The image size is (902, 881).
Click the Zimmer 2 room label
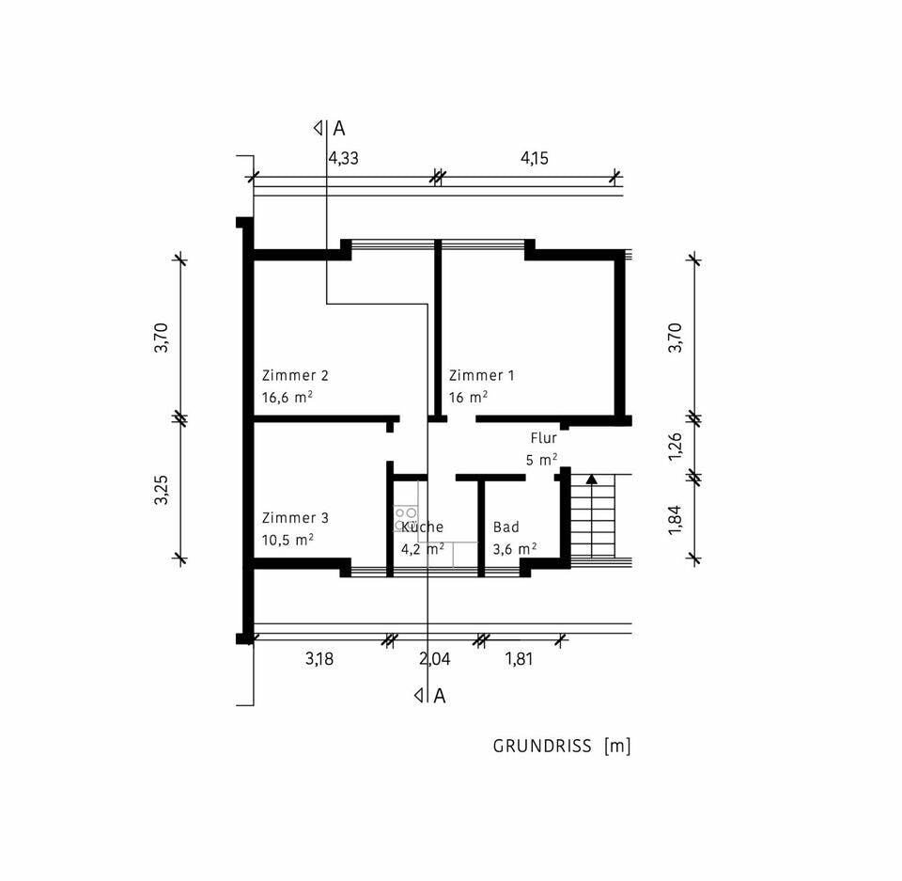point(295,375)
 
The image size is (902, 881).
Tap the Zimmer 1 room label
point(481,375)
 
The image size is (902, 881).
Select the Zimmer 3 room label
point(295,518)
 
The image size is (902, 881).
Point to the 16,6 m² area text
point(288,397)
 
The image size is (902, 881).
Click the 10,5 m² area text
point(288,540)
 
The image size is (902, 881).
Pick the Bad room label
point(506,527)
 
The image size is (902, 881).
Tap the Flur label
point(544,438)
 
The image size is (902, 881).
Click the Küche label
point(422,527)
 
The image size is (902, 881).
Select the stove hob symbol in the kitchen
point(406,518)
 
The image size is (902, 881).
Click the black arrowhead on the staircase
point(591,479)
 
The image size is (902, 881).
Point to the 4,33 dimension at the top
point(344,158)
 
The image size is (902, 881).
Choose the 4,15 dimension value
point(535,158)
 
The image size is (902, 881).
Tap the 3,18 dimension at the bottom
point(319,659)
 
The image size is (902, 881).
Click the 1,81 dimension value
point(519,659)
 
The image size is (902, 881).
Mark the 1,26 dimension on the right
point(675,447)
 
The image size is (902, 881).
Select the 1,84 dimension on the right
point(675,520)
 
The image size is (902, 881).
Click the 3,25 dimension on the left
point(161,490)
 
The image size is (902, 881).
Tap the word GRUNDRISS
point(542,747)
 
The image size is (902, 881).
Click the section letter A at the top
point(339,129)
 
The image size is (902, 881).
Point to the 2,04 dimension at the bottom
point(435,659)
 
